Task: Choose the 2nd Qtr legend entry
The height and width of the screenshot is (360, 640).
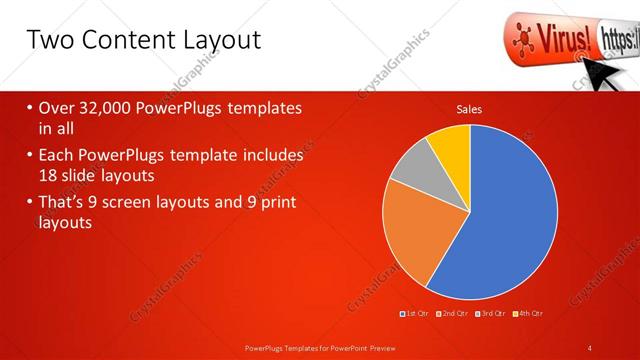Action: (453, 315)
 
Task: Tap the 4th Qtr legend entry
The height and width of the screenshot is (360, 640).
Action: (528, 315)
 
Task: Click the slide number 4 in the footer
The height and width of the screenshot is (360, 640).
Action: (590, 347)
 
